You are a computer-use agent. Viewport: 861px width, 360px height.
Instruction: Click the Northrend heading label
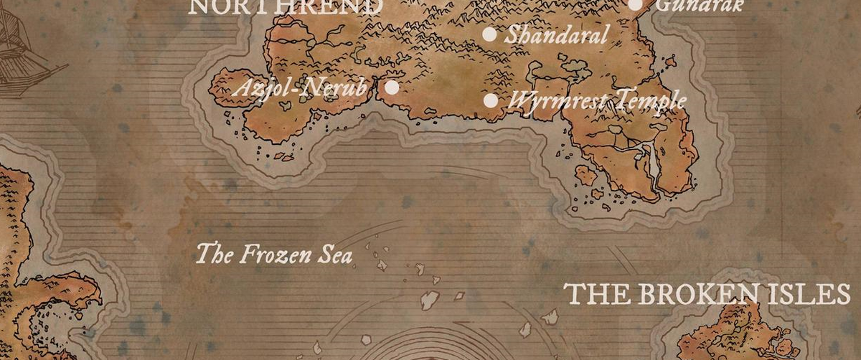tap(285, 7)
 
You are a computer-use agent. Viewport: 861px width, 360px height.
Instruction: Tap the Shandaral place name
tap(556, 34)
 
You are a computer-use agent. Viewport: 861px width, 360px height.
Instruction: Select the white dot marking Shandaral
tap(489, 34)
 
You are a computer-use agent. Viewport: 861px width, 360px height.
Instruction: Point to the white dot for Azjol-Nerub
tap(392, 87)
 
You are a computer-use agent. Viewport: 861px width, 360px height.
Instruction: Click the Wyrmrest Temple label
tap(596, 100)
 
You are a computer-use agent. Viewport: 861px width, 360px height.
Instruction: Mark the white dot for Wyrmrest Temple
tap(491, 100)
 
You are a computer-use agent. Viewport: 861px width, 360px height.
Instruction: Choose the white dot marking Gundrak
tap(635, 5)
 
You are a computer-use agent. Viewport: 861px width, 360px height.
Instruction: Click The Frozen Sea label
tap(275, 254)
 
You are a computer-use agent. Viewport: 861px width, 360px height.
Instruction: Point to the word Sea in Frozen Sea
tap(334, 255)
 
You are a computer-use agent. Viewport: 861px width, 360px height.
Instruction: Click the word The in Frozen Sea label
tap(212, 253)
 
